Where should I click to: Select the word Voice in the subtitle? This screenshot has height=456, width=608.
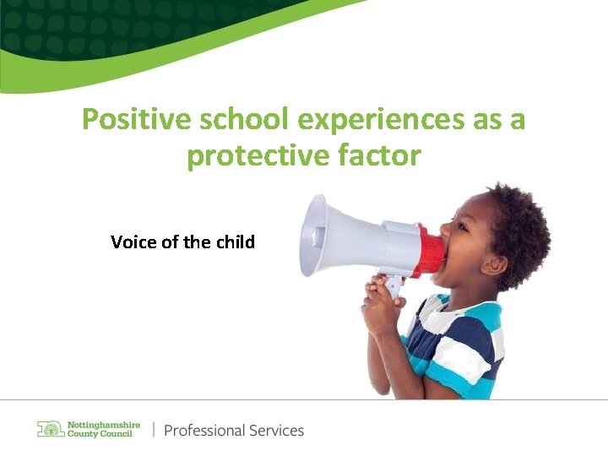point(132,242)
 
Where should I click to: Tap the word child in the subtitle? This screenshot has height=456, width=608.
point(235,242)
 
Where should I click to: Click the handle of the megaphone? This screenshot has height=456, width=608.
point(394,287)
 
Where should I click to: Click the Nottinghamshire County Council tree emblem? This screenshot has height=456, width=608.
point(51,429)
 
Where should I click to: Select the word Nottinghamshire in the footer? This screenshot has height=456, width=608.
point(104,424)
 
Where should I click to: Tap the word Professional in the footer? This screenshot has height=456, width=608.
point(204,430)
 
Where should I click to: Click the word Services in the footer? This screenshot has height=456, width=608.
point(275,430)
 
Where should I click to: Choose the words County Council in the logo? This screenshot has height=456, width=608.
point(100,434)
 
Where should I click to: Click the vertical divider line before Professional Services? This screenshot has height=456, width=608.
point(154,430)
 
